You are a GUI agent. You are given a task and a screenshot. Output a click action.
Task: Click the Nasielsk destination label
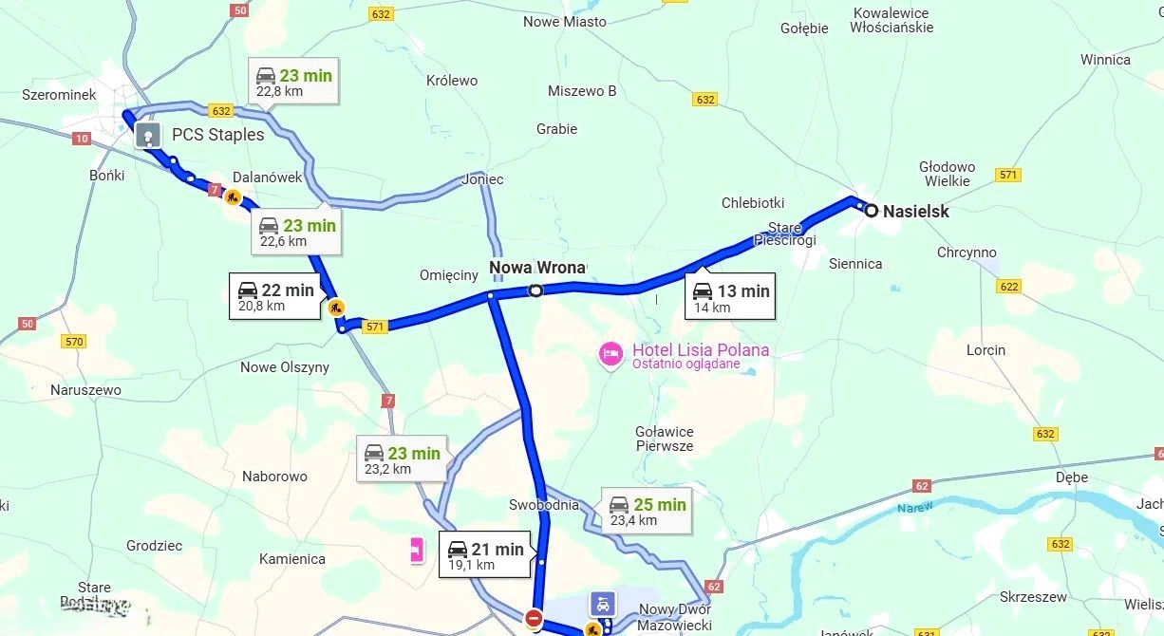[915, 212]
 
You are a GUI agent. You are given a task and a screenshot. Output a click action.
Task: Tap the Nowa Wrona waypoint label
[537, 268]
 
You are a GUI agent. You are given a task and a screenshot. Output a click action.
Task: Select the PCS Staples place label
[217, 135]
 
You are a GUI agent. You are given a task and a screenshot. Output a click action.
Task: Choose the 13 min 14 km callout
[730, 297]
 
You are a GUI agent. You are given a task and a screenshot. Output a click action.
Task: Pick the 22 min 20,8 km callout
[274, 296]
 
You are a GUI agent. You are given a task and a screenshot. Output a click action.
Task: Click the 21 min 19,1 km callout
[485, 555]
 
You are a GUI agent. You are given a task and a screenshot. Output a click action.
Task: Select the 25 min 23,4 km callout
[647, 511]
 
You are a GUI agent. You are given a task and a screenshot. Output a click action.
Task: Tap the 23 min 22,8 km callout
[293, 82]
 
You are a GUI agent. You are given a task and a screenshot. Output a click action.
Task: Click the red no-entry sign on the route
[534, 619]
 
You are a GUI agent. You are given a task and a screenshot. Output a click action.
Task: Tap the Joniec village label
[482, 179]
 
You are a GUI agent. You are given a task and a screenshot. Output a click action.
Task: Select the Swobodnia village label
[543, 505]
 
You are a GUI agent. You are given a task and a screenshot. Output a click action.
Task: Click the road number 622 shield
[1008, 287]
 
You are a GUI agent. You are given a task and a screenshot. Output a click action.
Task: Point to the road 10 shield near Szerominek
[82, 139]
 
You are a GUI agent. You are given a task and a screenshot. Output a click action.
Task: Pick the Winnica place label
[1105, 60]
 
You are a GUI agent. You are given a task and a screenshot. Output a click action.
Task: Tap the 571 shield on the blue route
[376, 327]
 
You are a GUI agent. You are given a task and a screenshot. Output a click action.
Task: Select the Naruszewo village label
[85, 390]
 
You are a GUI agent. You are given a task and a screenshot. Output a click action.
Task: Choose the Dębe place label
[1072, 477]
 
